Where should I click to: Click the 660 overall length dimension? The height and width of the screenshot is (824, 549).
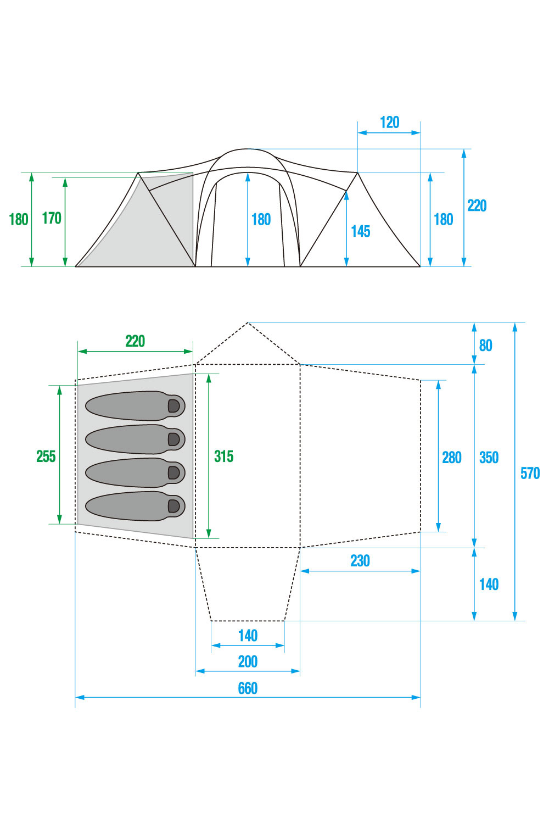248,688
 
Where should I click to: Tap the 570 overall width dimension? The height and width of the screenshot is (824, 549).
530,473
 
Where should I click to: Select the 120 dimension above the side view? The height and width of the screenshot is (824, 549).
389,123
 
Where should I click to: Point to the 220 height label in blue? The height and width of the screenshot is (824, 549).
477,206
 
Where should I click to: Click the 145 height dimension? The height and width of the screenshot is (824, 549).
361,231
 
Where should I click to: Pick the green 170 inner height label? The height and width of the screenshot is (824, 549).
52,219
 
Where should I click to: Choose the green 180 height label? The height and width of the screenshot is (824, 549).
19,219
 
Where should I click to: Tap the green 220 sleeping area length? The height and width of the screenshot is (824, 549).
135,341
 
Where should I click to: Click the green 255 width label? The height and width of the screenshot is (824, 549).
46,456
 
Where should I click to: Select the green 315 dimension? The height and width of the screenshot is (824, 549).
223,456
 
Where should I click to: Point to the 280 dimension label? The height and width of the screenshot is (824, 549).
451,458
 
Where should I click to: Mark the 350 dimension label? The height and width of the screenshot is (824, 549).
489,458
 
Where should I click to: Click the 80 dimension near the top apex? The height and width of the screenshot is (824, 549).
485,346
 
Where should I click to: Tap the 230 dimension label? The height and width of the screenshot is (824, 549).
360,561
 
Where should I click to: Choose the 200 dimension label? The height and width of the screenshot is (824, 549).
248,661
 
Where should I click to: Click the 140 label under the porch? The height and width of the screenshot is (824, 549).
248,636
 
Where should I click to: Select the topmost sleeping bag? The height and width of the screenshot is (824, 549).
135,406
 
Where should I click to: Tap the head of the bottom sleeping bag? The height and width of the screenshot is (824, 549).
173,505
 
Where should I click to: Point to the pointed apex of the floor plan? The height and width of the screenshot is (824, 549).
248,323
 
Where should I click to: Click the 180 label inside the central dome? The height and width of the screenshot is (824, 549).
261,220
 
